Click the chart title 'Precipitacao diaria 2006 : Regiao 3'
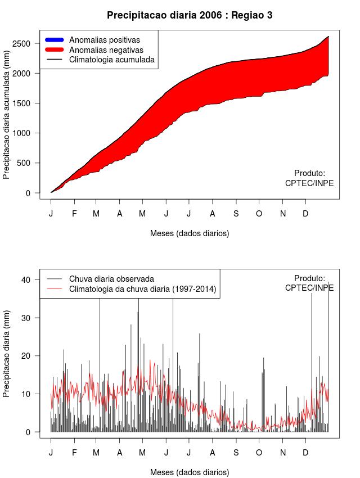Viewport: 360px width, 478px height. tap(190, 15)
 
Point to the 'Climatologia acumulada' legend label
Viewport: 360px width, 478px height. tap(111, 60)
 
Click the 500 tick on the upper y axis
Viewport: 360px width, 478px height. tap(29, 163)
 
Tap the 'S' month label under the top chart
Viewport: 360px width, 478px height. tap(236, 214)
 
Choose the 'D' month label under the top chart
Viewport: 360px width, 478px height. tap(305, 214)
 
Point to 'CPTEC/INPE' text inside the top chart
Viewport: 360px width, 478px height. tap(309, 183)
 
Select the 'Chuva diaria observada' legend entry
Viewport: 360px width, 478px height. tap(111, 279)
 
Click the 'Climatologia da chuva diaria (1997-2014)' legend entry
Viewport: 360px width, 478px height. tap(143, 289)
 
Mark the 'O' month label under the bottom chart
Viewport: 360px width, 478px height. tap(259, 453)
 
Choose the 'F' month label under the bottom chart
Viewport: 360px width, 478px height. tap(74, 453)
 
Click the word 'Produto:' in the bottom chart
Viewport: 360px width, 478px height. tap(309, 278)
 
